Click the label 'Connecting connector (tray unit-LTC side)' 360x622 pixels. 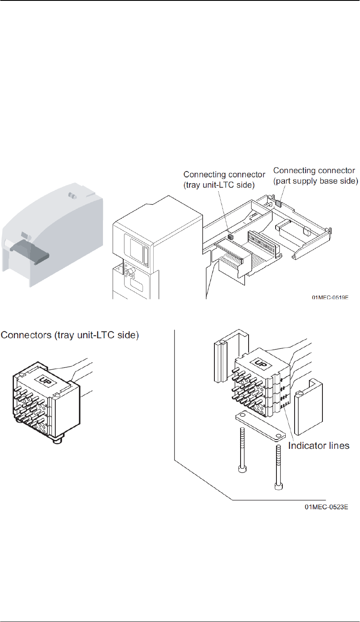tap(224, 180)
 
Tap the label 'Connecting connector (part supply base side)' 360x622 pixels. tap(315, 176)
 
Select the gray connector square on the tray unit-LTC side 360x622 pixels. tap(230, 237)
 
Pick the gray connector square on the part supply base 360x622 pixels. tap(279, 202)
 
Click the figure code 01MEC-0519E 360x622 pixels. tap(330, 298)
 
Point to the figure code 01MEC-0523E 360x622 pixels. tap(326, 507)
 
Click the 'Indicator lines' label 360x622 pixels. tap(319, 445)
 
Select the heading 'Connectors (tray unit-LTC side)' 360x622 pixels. tap(70, 335)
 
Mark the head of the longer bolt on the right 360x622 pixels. tap(279, 487)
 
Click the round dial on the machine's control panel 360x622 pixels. tap(130, 269)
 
